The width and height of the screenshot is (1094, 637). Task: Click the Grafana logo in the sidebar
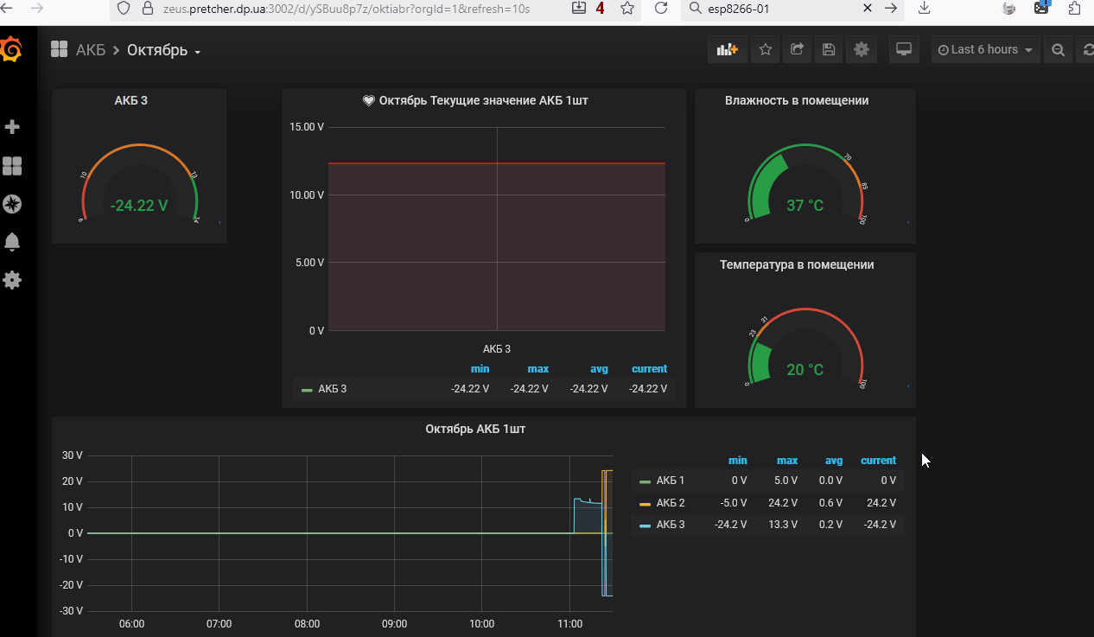coord(11,50)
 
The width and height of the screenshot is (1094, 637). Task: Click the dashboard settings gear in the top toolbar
coord(861,50)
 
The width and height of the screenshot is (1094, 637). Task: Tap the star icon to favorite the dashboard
coord(765,50)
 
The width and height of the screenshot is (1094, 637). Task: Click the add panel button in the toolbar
coord(727,50)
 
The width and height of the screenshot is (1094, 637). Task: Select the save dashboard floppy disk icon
coord(829,50)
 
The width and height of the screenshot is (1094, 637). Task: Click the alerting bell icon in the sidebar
coord(12,242)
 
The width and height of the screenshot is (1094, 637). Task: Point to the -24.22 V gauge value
coord(139,206)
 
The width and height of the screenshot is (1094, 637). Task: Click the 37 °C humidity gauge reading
coord(805,206)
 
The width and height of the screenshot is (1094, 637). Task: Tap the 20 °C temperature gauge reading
coord(805,370)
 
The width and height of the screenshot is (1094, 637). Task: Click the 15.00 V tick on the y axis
coord(307,127)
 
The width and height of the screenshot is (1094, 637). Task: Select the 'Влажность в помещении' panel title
coord(797,100)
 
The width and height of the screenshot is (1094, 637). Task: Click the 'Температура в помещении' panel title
coord(797,264)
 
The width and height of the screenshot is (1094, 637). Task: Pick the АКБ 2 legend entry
coord(671,503)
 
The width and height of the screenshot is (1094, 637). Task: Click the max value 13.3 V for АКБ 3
coord(786,525)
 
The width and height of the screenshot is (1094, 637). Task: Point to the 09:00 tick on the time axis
coord(394,624)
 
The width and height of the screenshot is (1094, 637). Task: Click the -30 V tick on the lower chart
coord(72,611)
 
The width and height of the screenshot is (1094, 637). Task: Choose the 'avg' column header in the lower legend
coord(833,461)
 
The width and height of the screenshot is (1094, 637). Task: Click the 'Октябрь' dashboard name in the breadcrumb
coord(157,50)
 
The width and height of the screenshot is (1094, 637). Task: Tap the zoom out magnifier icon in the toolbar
coord(1058,50)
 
